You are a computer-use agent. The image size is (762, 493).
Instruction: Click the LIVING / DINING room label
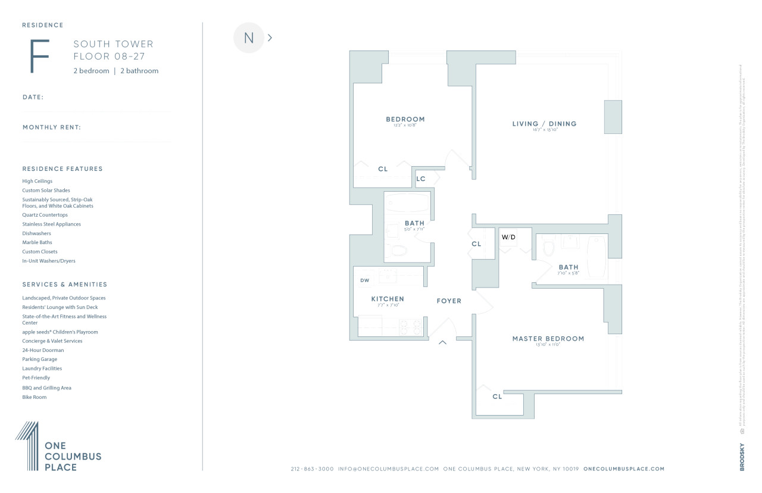point(544,124)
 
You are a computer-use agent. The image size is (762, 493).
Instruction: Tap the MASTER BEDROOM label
point(548,339)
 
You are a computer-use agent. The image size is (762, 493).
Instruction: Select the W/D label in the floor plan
point(508,237)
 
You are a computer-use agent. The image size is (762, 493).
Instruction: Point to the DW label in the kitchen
point(364,280)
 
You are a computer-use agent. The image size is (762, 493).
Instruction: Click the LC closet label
point(421,179)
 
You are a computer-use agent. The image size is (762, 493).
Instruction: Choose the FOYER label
point(449,301)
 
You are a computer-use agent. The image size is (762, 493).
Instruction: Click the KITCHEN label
point(388,299)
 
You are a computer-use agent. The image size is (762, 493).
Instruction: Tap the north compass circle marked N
point(249,38)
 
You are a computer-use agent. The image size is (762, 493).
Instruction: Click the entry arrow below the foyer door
point(442,342)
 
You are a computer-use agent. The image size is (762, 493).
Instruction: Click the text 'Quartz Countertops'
point(45,215)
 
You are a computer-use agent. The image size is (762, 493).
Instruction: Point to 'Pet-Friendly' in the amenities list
point(36,378)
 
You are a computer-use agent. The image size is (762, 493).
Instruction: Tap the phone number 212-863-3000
point(312,469)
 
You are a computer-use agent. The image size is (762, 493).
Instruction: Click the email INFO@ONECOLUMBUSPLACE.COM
point(388,469)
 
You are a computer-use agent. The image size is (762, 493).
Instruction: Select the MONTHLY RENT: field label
point(52,127)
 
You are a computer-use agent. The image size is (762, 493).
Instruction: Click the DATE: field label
point(33,97)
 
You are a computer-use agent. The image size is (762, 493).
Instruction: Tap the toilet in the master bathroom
point(549,247)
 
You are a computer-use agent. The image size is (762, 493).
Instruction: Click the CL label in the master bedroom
point(497,397)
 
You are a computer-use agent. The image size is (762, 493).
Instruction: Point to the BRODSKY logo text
point(742,458)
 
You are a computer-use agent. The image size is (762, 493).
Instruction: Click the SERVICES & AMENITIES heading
point(65,285)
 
